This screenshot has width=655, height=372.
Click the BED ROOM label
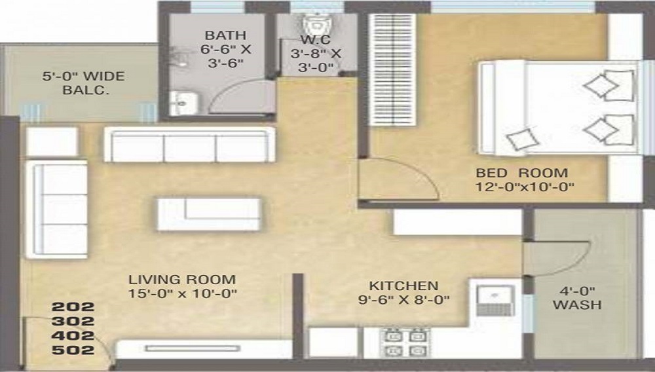click(x=521, y=173)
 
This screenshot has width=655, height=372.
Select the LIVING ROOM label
click(x=181, y=280)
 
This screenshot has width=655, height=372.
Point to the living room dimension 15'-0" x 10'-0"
click(x=181, y=294)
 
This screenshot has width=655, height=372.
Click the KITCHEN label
click(x=403, y=286)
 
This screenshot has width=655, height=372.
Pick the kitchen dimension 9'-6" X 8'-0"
click(x=403, y=301)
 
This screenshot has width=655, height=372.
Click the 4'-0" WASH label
click(x=576, y=298)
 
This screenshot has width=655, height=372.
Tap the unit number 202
click(x=73, y=307)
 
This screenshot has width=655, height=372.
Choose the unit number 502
click(x=73, y=350)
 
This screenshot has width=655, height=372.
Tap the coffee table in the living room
click(x=210, y=213)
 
